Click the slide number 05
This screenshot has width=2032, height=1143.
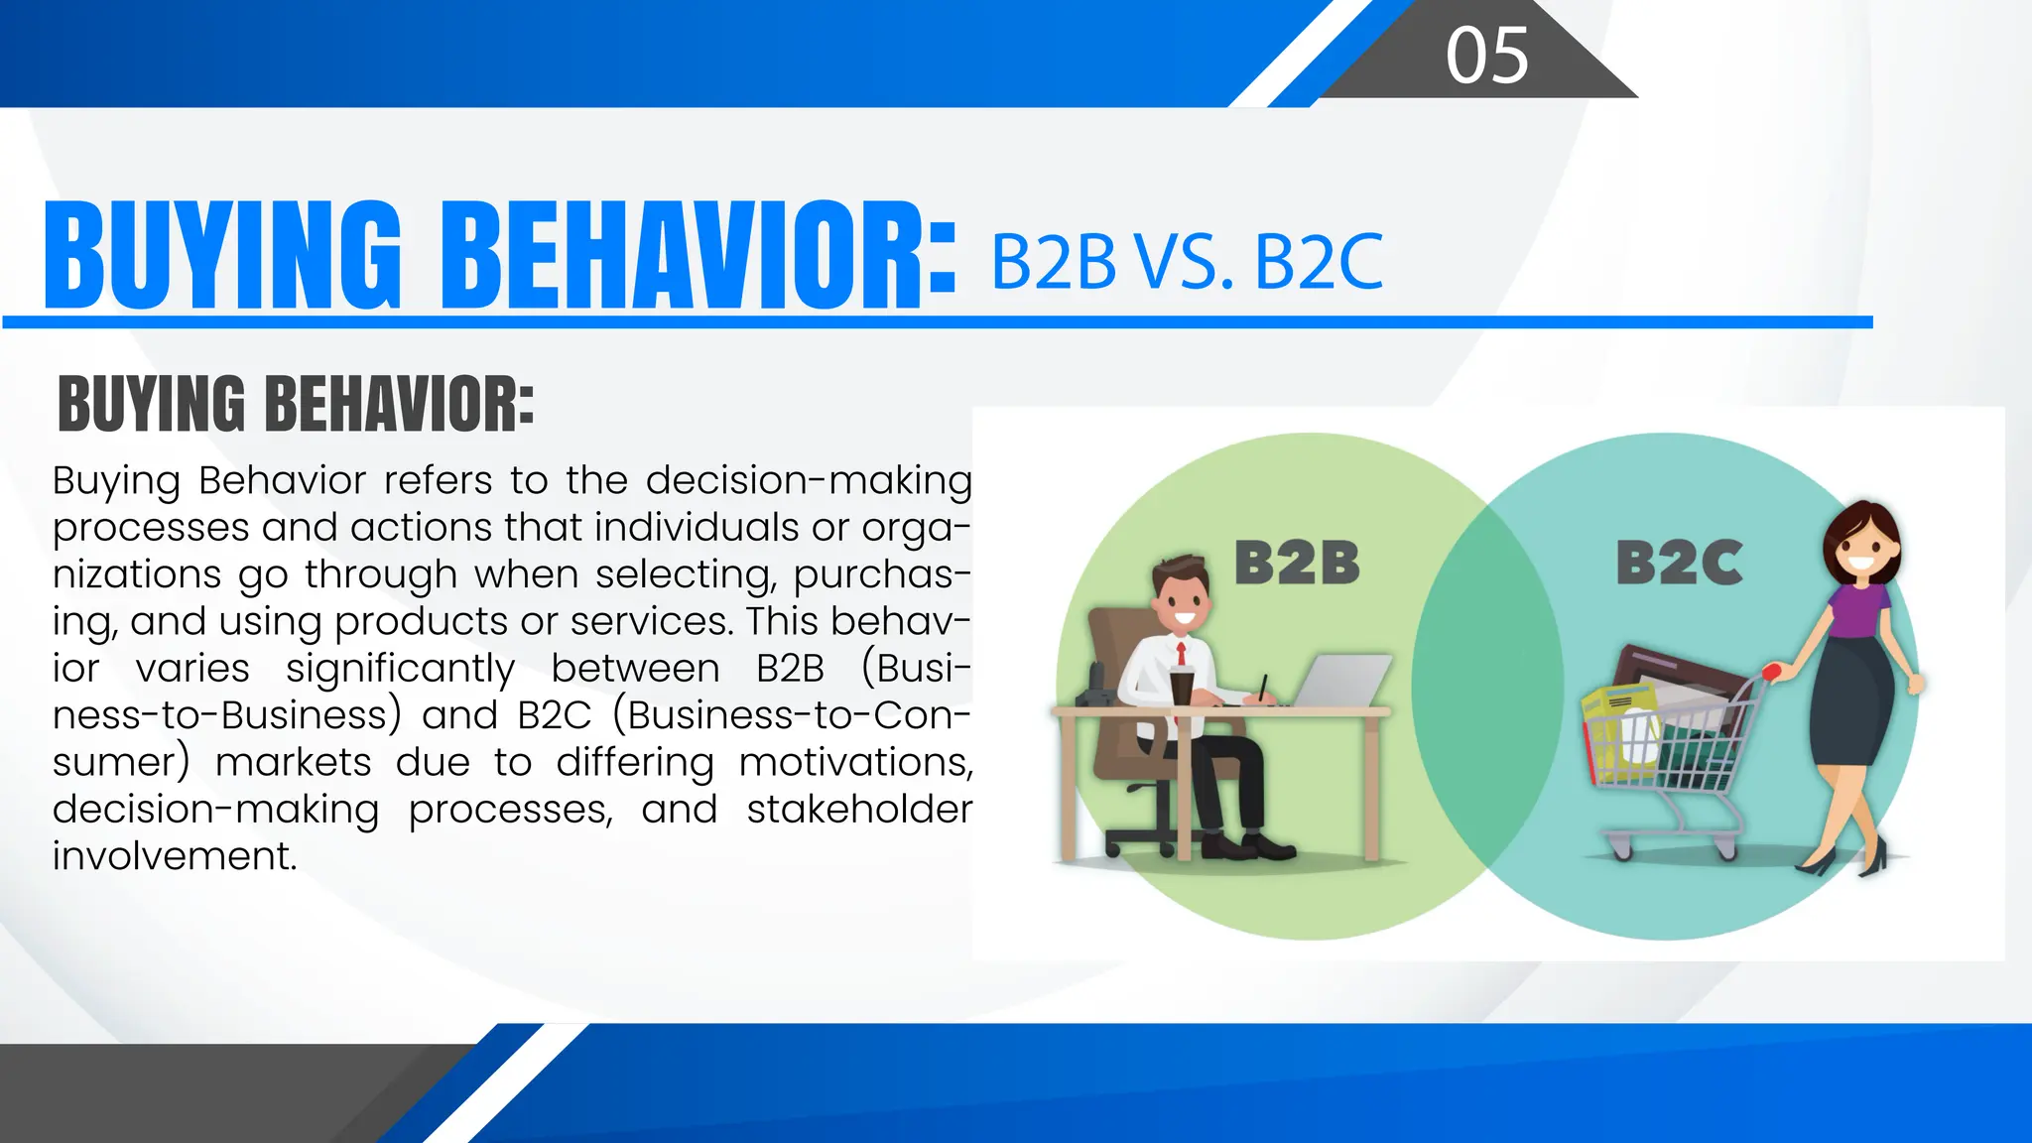(1486, 56)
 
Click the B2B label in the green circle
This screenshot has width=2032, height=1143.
(1296, 563)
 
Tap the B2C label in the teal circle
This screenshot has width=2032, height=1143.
(1679, 563)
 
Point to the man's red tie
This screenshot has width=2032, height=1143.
(1182, 654)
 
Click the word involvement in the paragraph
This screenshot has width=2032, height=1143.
(175, 855)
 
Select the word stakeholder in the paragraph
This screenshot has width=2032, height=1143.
(858, 809)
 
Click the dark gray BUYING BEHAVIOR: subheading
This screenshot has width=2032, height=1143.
(296, 405)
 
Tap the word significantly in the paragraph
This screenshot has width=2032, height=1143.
(400, 668)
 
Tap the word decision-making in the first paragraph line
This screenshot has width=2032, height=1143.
(808, 480)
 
